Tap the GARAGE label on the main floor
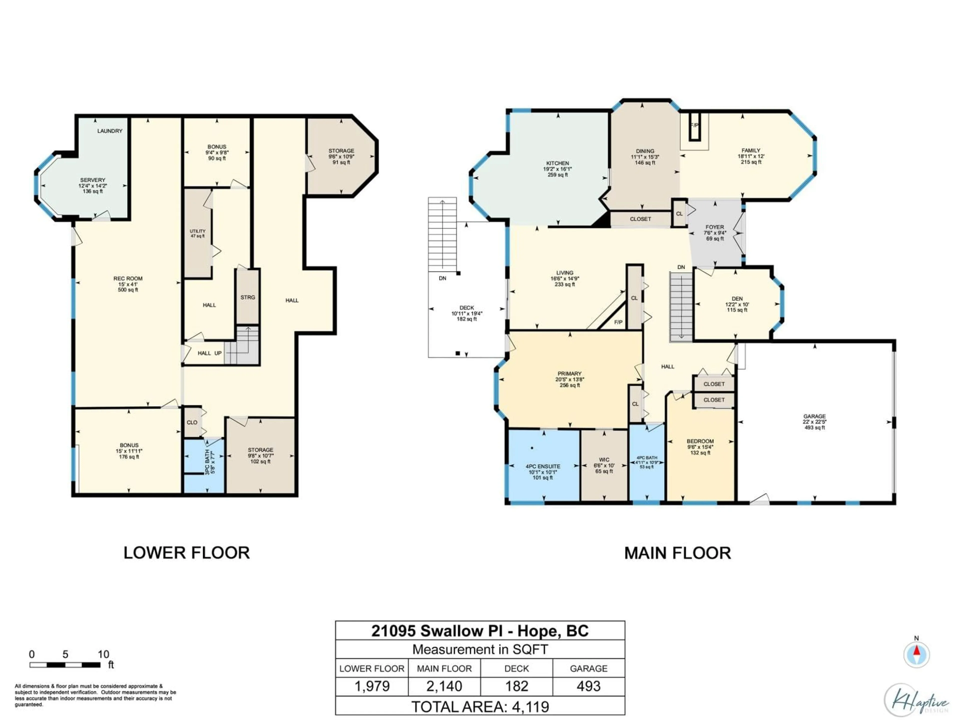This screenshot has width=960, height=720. pyautogui.click(x=814, y=416)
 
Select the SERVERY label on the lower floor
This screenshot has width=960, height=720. pyautogui.click(x=92, y=180)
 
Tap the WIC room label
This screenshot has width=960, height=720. pyautogui.click(x=604, y=459)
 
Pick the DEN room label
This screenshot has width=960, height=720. pyautogui.click(x=737, y=298)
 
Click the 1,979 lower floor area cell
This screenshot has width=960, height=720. pyautogui.click(x=372, y=686)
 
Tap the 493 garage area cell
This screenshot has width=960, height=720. pyautogui.click(x=588, y=686)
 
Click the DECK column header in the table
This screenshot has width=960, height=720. pyautogui.click(x=516, y=668)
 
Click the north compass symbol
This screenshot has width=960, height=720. pyautogui.click(x=916, y=653)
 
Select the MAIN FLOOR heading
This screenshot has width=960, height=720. pyautogui.click(x=677, y=553)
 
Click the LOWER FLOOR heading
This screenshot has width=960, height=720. pyautogui.click(x=186, y=553)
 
